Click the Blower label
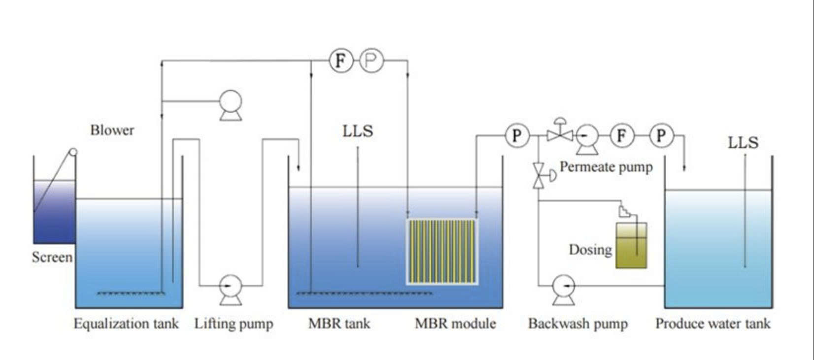(112, 130)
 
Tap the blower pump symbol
(231, 105)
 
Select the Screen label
(52, 257)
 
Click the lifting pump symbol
(231, 290)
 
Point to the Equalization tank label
(126, 323)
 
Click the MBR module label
(455, 323)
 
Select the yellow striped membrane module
(442, 252)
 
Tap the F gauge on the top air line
(341, 61)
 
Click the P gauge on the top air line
(372, 61)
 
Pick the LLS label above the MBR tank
(358, 131)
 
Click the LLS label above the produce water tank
(743, 142)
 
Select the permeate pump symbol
(587, 139)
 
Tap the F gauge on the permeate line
(622, 135)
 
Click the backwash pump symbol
(564, 290)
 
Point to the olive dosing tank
(631, 246)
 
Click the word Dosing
(590, 250)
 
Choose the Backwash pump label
(578, 323)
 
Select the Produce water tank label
(712, 323)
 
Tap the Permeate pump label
(606, 167)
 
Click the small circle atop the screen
(73, 152)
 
